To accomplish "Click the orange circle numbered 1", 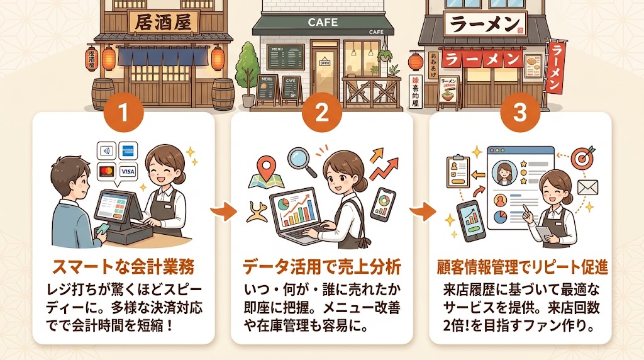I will (123, 113).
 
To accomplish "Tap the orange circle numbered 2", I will (321, 113).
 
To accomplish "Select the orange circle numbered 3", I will (519, 113).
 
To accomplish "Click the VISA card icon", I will (127, 171).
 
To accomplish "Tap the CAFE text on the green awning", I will (323, 23).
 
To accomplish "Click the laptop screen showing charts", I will (294, 210).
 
